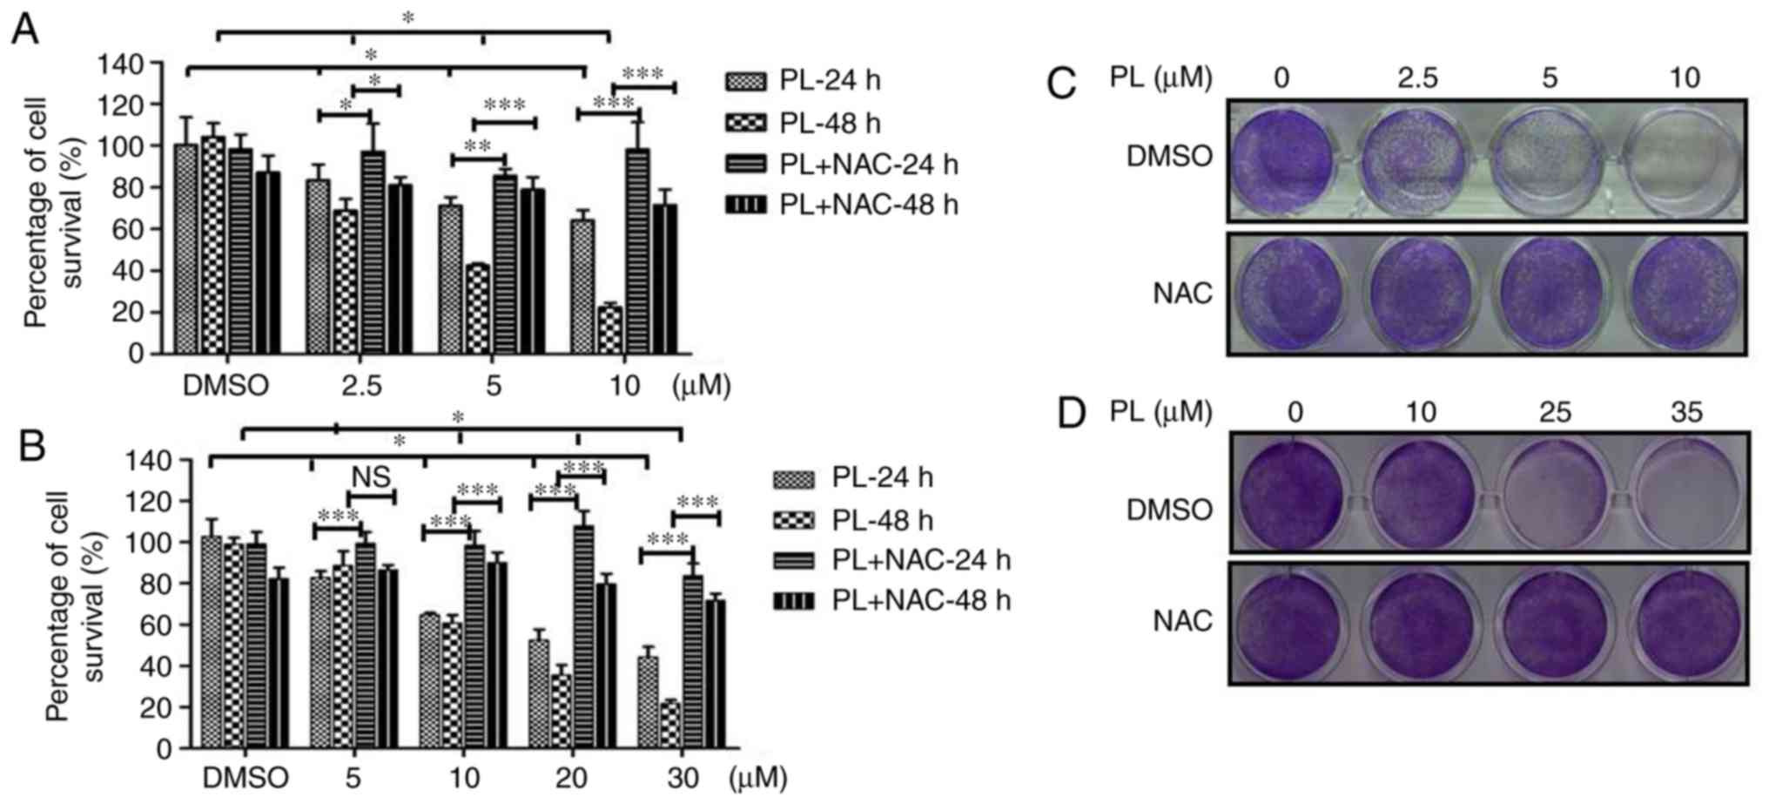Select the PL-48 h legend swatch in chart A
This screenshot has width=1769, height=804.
[745, 123]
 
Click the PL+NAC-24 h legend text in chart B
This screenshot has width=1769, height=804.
[921, 559]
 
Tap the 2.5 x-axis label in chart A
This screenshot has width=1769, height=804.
[361, 385]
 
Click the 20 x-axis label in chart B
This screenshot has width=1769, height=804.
[571, 777]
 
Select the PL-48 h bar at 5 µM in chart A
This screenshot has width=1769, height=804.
[478, 308]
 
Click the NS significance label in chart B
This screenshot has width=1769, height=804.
[371, 476]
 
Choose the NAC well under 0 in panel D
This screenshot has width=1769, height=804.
[1291, 621]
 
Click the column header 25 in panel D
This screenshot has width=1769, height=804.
[1554, 411]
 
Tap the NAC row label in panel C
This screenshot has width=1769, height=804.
[1182, 293]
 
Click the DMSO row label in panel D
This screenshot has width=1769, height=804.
[1169, 510]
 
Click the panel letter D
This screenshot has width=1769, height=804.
[1072, 413]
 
